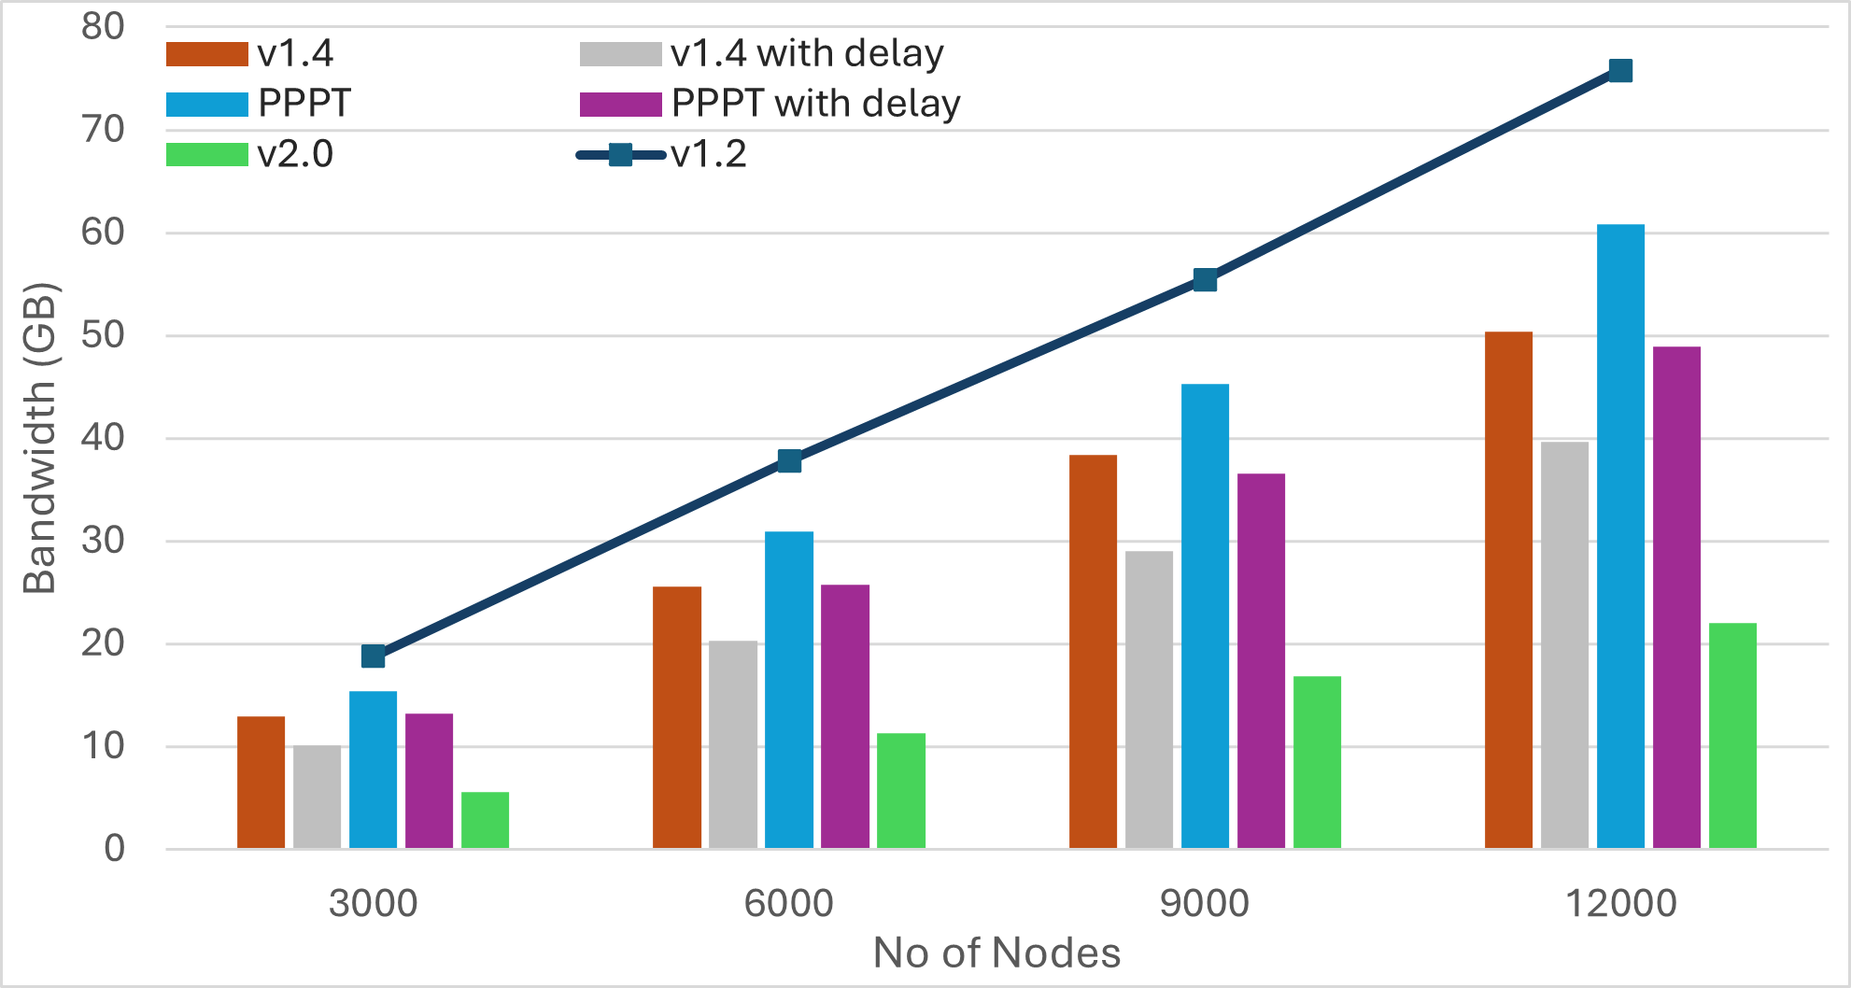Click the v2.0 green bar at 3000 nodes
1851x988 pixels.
485,820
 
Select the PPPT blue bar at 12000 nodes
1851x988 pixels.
1620,536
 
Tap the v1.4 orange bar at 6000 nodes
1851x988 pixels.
677,717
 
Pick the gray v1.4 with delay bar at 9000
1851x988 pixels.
1149,699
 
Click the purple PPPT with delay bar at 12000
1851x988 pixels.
1676,598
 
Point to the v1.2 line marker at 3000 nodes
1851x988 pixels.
374,656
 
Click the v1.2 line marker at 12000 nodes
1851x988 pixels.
1620,71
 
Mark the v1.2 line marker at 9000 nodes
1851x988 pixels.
1205,280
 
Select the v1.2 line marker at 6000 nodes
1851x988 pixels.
789,461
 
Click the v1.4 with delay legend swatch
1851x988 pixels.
620,54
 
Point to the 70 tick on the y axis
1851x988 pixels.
103,130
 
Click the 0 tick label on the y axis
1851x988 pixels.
114,848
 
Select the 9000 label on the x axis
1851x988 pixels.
1204,903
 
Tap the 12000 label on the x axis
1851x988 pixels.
1620,903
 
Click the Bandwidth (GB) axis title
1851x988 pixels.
40,437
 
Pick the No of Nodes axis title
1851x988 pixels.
996,953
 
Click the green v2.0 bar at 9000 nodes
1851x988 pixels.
1317,762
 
